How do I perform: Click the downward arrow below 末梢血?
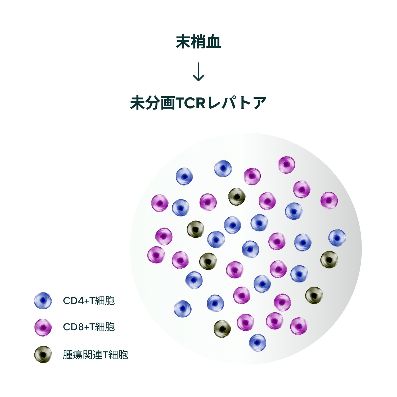coord(198,72)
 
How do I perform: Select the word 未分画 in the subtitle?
coord(152,103)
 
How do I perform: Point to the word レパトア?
coord(237,103)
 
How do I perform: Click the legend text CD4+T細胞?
coord(89,301)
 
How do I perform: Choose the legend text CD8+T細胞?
coord(89,327)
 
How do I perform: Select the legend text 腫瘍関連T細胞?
coord(95,355)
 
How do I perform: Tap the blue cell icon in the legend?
coord(43,301)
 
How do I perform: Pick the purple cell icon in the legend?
coord(43,327)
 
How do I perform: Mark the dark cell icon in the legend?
coord(43,354)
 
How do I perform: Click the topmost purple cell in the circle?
coord(287,165)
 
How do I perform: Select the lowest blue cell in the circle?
coord(258,342)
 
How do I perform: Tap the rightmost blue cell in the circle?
coord(337,238)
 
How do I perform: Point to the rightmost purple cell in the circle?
coord(329,200)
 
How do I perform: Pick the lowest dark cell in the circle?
coord(222,329)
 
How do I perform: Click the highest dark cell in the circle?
coord(237,197)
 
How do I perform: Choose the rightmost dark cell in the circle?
coord(329,260)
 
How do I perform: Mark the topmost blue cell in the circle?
coord(223,168)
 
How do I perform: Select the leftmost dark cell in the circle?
coord(195,229)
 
